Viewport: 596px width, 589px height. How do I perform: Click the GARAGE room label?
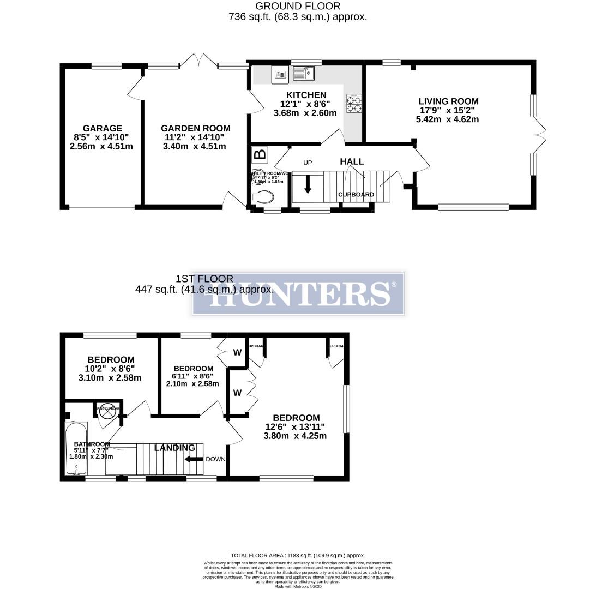[x=102, y=129]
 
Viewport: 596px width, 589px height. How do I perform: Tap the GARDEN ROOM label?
[x=195, y=129]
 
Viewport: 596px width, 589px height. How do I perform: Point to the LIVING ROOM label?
[x=448, y=101]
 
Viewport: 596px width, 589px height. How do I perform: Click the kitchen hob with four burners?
[x=354, y=104]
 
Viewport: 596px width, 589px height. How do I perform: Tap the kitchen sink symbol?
[x=304, y=73]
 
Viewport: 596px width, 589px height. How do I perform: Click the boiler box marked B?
[x=260, y=154]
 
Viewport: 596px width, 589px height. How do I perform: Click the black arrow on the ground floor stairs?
[x=308, y=184]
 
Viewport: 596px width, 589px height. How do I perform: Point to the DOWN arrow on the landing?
[x=194, y=459]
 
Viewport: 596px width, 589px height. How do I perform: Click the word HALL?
[x=352, y=161]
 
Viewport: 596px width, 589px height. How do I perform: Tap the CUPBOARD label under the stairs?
[x=356, y=195]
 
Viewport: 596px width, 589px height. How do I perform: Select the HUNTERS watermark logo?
[x=298, y=293]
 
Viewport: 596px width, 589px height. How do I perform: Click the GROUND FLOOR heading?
[x=298, y=6]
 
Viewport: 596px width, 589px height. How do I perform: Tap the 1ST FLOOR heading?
[x=204, y=279]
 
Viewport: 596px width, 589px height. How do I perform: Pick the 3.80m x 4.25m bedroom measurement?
[x=294, y=436]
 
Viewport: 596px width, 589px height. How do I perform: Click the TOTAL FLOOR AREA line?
[x=298, y=555]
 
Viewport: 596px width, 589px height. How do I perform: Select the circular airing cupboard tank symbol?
[x=105, y=412]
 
